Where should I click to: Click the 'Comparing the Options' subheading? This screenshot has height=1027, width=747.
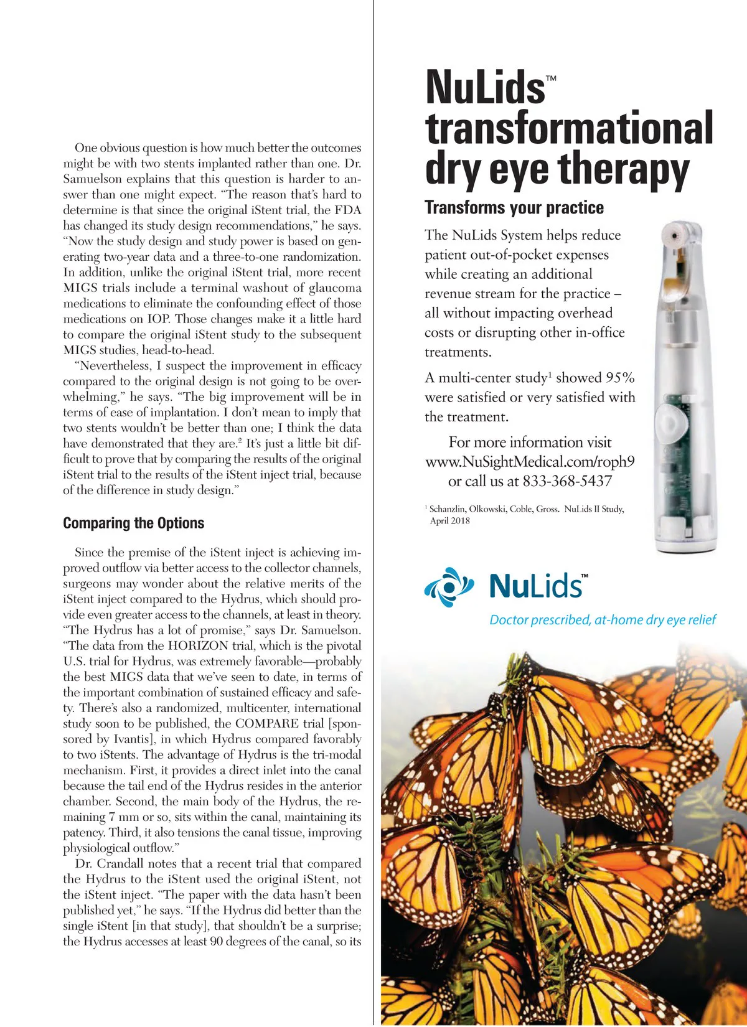[x=133, y=523]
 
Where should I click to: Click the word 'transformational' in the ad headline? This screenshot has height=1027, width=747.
[x=569, y=128]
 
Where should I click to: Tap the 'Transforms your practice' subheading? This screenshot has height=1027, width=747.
[x=514, y=208]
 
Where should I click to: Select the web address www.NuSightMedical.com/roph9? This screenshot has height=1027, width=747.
[x=530, y=462]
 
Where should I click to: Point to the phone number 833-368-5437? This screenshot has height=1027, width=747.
[x=567, y=481]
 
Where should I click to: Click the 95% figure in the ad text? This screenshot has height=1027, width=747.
[x=620, y=378]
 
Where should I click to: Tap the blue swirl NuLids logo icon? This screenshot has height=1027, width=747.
[x=449, y=587]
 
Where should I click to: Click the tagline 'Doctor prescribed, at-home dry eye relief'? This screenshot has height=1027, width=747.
[x=602, y=620]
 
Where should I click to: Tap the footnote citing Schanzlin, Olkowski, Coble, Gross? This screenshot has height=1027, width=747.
[x=526, y=509]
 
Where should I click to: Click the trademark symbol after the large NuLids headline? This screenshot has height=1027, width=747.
[x=551, y=78]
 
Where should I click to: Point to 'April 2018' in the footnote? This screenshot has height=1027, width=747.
[x=449, y=521]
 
